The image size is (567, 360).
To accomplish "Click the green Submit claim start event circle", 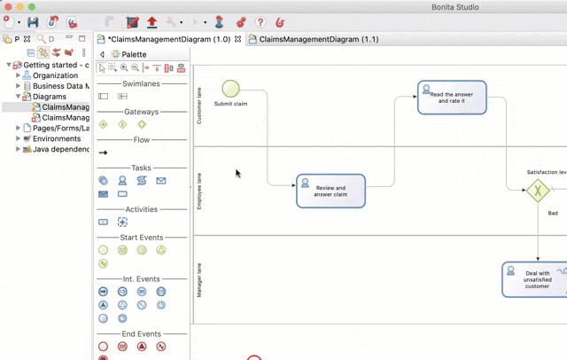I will pyautogui.click(x=230, y=88).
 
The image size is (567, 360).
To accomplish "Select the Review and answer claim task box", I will pyautogui.click(x=330, y=191).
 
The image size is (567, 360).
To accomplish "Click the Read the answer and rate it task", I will pyautogui.click(x=452, y=98).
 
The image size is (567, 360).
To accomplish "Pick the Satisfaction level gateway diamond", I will pyautogui.click(x=537, y=190).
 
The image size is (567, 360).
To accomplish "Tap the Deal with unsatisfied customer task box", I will pyautogui.click(x=534, y=279).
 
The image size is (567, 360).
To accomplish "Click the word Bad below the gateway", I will pyautogui.click(x=553, y=213).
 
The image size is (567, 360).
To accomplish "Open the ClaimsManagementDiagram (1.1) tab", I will pyautogui.click(x=318, y=39).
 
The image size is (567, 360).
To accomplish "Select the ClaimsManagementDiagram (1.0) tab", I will pyautogui.click(x=168, y=39).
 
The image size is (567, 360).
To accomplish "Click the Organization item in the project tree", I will pyautogui.click(x=55, y=75).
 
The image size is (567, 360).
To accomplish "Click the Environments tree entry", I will pyautogui.click(x=57, y=139).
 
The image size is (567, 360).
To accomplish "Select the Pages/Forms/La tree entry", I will pyautogui.click(x=60, y=129).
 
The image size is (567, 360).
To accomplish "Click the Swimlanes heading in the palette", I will pyautogui.click(x=141, y=83).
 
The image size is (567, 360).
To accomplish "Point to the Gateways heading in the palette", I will pyautogui.click(x=141, y=112).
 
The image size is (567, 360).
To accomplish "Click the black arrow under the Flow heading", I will pyautogui.click(x=104, y=153).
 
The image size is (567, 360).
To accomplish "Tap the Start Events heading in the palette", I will pyautogui.click(x=141, y=238).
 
